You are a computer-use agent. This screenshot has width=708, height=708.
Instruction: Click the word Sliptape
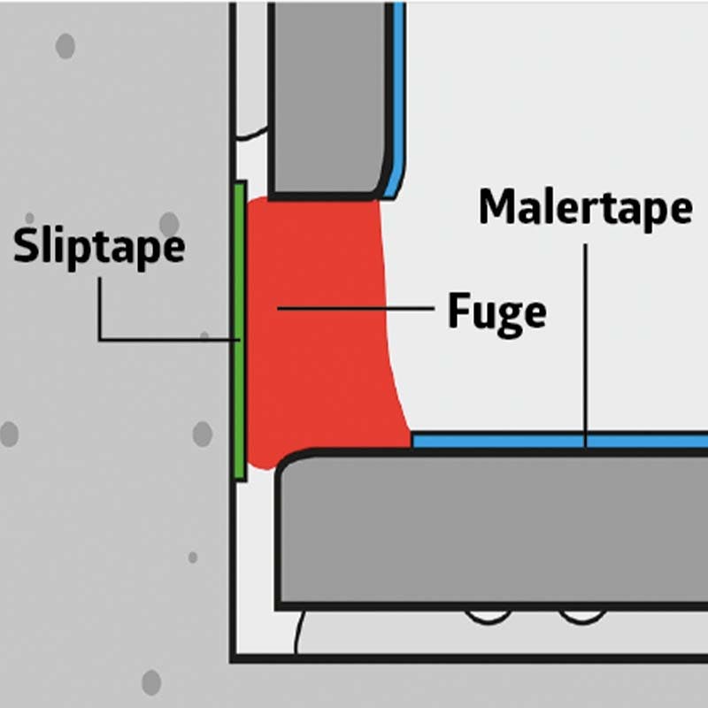(99, 248)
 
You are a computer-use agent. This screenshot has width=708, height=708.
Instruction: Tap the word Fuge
(496, 313)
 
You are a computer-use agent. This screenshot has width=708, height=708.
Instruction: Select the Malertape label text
(586, 210)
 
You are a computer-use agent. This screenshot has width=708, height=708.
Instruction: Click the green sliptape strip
(240, 331)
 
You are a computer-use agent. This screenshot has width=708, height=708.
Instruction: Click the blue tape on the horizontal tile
(560, 441)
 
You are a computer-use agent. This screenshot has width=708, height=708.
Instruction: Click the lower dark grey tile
(492, 529)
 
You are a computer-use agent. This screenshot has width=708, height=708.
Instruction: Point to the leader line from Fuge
(356, 308)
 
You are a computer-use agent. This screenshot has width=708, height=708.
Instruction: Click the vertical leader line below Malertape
(586, 345)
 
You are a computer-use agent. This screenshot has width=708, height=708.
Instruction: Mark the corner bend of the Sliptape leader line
(100, 339)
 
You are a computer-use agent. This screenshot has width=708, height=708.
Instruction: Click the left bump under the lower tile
(489, 617)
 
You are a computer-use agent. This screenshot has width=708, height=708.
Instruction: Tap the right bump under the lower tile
(582, 617)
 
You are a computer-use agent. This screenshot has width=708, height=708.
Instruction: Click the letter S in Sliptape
(27, 245)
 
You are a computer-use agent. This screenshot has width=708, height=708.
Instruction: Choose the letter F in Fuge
(458, 310)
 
